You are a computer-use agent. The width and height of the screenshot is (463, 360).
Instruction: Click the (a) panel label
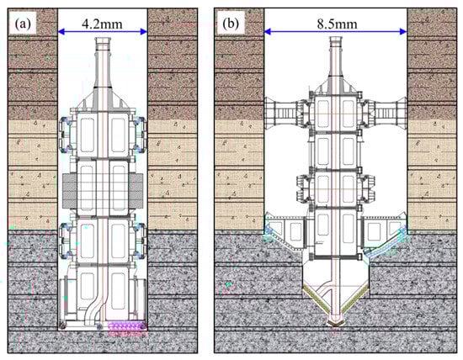(x=23, y=24)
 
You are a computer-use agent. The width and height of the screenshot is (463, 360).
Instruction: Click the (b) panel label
(x=231, y=24)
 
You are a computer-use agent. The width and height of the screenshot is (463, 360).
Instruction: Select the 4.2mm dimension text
(x=102, y=24)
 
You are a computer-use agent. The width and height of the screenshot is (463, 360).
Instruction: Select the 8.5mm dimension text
(x=338, y=24)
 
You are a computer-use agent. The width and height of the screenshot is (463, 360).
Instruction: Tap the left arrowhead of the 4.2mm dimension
(x=61, y=32)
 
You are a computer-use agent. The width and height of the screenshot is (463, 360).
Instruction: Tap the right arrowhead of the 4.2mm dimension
(x=144, y=32)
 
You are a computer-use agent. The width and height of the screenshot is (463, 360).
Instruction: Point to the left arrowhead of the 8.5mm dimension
(x=268, y=32)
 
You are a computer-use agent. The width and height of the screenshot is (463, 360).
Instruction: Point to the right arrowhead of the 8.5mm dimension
(x=403, y=32)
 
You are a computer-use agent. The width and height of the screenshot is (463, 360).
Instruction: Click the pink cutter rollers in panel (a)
(x=127, y=329)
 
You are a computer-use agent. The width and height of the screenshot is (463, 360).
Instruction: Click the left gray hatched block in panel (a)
(x=69, y=190)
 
